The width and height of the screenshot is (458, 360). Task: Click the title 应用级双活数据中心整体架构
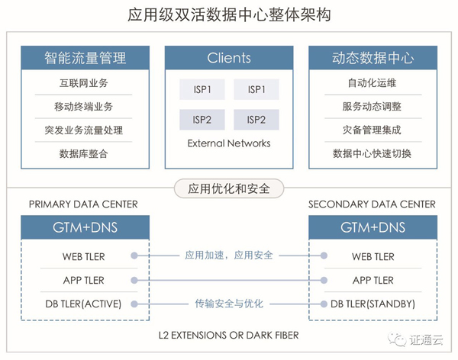(229, 15)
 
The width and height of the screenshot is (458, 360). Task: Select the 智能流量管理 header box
(85, 58)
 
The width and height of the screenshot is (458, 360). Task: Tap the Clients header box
(229, 58)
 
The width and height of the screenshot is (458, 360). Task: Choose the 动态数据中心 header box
(373, 58)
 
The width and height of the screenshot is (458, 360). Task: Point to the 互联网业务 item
(85, 83)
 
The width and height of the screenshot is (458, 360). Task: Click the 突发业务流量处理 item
(85, 130)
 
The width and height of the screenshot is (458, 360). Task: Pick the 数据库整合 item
(85, 153)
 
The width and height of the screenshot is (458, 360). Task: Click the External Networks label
(229, 143)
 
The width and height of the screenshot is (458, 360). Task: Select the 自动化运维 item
(373, 83)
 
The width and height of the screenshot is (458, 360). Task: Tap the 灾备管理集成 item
(373, 130)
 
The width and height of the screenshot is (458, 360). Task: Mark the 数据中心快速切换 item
(373, 153)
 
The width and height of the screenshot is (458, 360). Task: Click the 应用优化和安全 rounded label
(229, 188)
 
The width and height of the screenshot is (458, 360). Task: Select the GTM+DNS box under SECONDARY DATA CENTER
(373, 228)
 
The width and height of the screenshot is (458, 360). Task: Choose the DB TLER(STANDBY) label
(373, 304)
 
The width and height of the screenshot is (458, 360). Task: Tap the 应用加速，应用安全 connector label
(229, 256)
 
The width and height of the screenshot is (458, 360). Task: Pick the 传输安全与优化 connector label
(229, 304)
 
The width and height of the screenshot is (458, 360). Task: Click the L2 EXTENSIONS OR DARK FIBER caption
(229, 336)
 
